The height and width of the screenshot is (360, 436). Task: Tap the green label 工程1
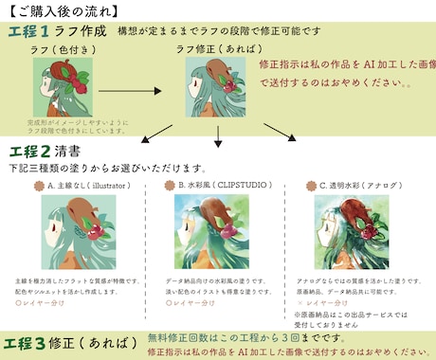click(36, 32)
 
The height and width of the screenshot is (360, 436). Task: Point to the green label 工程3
click(36, 342)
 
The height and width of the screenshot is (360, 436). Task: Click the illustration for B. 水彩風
click(217, 233)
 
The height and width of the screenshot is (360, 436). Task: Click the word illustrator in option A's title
click(101, 188)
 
